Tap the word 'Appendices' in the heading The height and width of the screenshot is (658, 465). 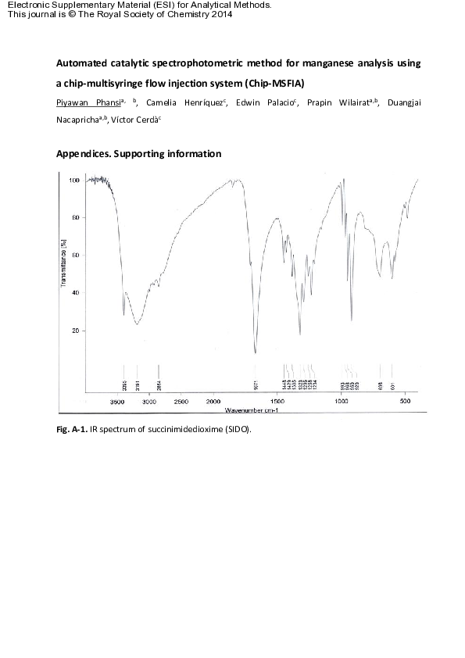coord(83,154)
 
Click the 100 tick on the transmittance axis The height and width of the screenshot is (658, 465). coord(75,180)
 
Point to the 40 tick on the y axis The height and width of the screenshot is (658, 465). coord(77,293)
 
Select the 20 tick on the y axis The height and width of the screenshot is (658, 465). coord(77,331)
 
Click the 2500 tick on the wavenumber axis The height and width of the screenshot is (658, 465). coord(181,400)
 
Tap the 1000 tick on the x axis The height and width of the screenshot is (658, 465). coord(341,400)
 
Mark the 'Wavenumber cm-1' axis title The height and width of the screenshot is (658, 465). coord(252,409)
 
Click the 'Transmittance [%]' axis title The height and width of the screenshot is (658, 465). coord(63,266)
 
